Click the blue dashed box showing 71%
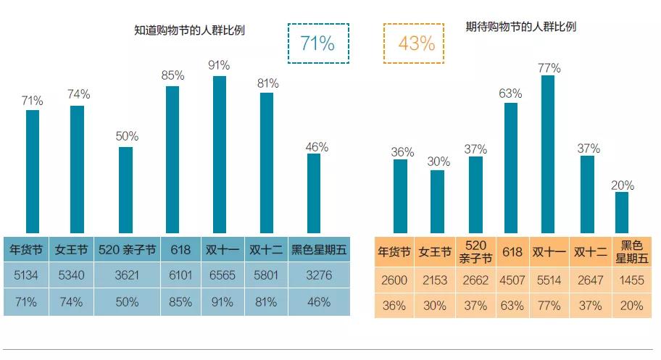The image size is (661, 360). coord(318,43)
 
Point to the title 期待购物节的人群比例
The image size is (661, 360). coord(520,27)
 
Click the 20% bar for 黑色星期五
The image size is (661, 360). coord(622,212)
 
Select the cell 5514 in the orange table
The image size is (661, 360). coord(549,280)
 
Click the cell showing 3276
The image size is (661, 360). coord(319,276)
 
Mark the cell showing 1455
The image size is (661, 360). coord(631,280)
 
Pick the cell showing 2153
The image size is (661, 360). coord(435,280)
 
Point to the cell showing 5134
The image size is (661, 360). coord(26,276)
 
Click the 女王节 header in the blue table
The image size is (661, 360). coord(72,251)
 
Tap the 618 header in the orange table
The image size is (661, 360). coord(512,252)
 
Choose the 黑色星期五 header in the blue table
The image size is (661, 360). coord(319,251)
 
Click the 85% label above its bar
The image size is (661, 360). coord(172,75)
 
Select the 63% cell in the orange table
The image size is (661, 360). coord(512,305)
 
